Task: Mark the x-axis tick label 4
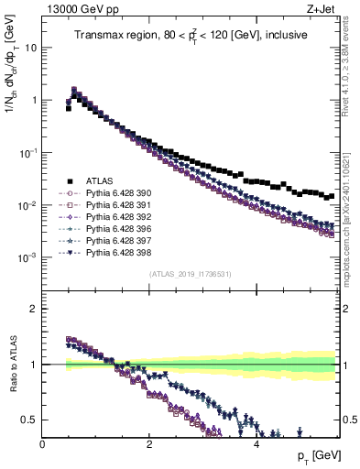pyautogui.click(x=256, y=444)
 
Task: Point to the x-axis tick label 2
pyautogui.click(x=149, y=444)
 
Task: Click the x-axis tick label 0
pyautogui.click(x=43, y=444)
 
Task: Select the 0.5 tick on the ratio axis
pyautogui.click(x=29, y=420)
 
